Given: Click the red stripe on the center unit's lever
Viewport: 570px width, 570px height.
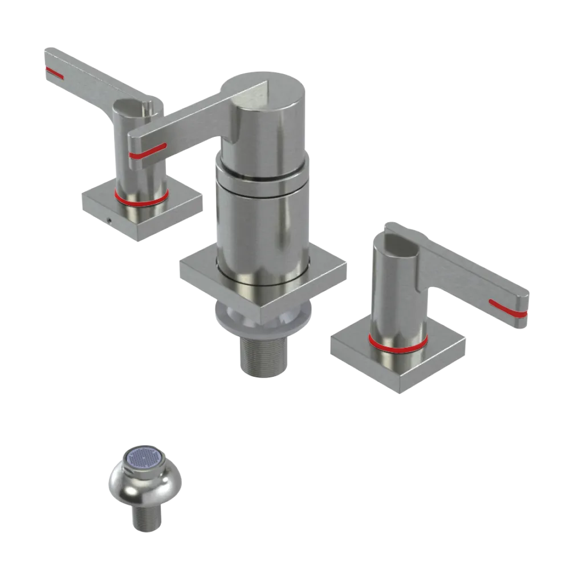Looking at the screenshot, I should (147, 150).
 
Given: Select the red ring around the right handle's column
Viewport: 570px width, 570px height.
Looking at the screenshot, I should (397, 343).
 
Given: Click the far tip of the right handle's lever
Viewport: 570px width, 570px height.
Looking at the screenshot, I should (523, 311).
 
